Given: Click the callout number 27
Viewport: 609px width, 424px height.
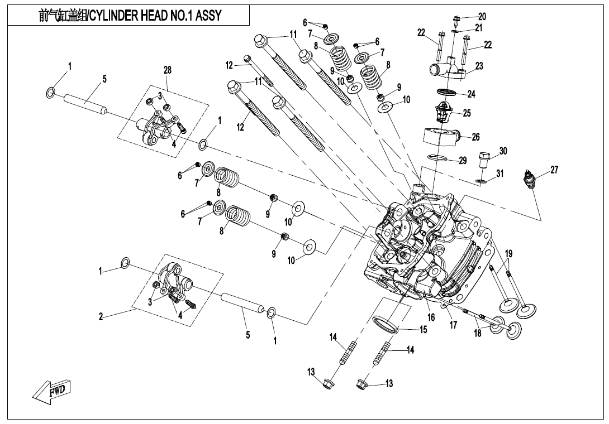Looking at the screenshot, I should [554, 170].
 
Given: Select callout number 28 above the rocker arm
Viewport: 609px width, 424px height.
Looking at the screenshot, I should [168, 70].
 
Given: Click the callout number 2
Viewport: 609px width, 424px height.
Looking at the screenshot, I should [101, 317].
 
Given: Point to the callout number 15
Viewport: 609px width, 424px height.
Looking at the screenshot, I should [423, 330].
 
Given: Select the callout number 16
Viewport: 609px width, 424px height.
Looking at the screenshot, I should [431, 317].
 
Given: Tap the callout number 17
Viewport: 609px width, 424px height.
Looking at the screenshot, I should [453, 325].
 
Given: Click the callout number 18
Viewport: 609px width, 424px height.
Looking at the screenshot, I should [478, 334].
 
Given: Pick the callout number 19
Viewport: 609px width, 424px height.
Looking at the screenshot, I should [508, 254].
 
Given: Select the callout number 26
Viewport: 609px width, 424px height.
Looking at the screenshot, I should [475, 137].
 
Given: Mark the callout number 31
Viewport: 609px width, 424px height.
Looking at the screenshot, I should [500, 174].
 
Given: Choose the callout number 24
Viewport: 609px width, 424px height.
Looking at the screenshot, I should [472, 94].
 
